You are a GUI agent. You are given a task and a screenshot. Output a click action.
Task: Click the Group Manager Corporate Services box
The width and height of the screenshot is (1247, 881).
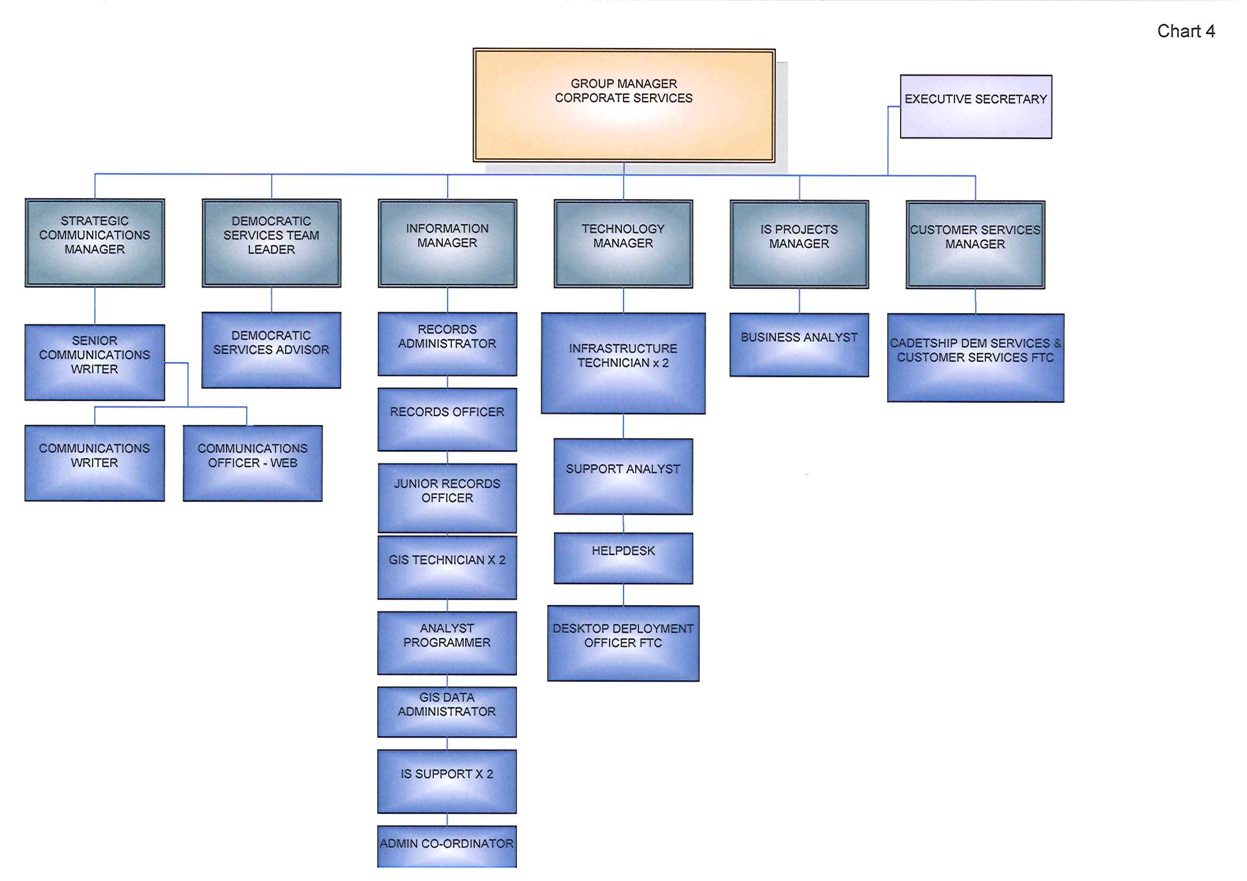[x=623, y=105]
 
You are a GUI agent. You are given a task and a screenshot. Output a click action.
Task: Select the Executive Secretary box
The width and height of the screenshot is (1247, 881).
[x=975, y=107]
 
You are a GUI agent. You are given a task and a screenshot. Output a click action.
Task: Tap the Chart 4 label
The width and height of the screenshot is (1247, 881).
[x=1186, y=31]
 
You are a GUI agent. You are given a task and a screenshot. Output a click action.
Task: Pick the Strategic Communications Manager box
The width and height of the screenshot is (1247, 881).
[x=94, y=243]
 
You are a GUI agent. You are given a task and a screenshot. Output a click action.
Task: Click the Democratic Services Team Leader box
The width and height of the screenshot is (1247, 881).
[x=271, y=243]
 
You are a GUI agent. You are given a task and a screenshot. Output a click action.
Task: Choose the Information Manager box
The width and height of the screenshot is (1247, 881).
[x=447, y=243]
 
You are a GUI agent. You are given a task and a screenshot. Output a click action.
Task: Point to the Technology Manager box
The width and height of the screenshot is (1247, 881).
[x=623, y=244]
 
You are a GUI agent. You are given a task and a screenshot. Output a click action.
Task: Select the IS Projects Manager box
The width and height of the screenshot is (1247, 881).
[x=799, y=244]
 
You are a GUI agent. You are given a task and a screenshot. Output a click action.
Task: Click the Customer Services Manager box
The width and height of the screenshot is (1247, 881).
[x=975, y=245]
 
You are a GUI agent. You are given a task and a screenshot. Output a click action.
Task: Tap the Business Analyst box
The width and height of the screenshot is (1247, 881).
[x=799, y=345]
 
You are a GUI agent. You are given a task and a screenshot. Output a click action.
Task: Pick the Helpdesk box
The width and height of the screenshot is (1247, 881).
[x=623, y=558]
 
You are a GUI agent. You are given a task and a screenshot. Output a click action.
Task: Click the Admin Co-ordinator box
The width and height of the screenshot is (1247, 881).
[x=447, y=846]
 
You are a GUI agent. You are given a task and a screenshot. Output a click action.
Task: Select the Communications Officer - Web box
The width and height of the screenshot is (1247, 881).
[x=253, y=463]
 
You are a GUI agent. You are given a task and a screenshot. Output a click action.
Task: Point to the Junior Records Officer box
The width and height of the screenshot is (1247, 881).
[x=447, y=498]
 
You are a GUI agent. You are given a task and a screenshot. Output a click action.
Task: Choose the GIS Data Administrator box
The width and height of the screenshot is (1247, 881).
[x=447, y=712]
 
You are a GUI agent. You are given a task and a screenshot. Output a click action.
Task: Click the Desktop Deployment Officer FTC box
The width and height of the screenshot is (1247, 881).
[x=623, y=643]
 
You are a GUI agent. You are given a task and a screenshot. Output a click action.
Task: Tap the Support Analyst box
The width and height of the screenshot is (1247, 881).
[x=623, y=476]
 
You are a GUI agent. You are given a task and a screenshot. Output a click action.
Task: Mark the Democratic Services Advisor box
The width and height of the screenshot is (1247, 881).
[x=271, y=350]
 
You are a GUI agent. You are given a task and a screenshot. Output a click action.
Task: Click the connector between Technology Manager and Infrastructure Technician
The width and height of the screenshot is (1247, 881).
[x=623, y=300]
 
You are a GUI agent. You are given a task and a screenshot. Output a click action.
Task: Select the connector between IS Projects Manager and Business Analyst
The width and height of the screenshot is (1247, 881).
[x=799, y=301]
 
